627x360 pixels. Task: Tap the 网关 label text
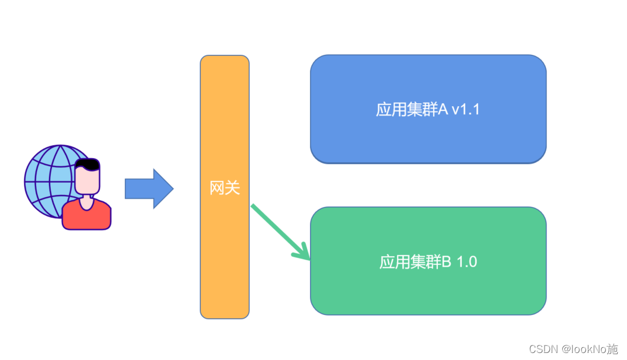click(x=225, y=188)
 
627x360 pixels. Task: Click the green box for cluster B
click(x=428, y=292)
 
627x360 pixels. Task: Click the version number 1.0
click(x=466, y=262)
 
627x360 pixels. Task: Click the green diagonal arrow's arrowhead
click(x=304, y=254)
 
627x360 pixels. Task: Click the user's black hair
click(x=88, y=163)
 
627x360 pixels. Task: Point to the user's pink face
click(x=88, y=181)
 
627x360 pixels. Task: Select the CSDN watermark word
click(x=543, y=349)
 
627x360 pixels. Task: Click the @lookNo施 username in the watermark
click(x=590, y=349)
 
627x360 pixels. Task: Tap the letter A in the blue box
click(x=444, y=109)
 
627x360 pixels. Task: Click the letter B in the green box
click(x=447, y=262)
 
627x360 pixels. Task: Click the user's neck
click(x=87, y=201)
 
